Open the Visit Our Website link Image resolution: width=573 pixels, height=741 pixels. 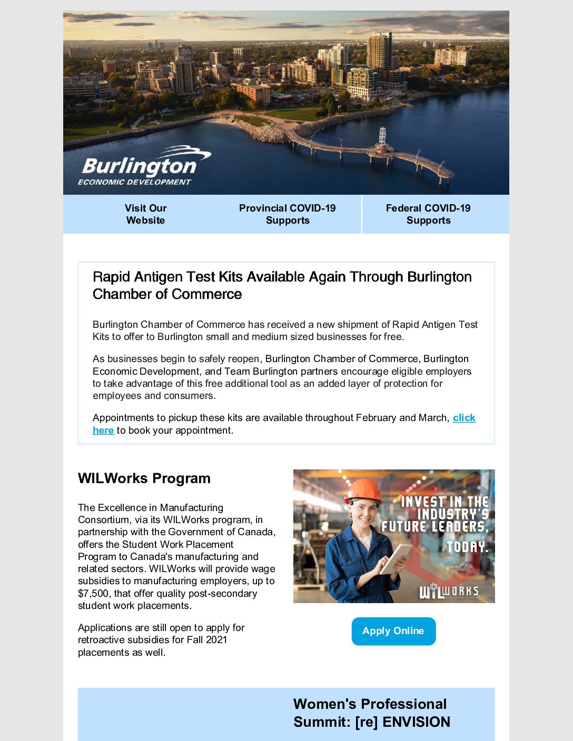click(x=145, y=214)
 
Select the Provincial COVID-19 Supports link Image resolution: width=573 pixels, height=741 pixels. click(x=287, y=214)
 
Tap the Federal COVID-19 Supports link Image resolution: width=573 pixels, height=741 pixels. click(x=428, y=214)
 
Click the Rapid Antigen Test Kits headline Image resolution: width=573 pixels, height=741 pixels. click(x=282, y=285)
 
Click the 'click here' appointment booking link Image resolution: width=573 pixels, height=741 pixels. click(x=464, y=418)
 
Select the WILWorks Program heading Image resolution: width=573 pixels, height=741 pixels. click(x=144, y=478)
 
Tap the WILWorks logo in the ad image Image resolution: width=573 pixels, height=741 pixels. click(x=449, y=591)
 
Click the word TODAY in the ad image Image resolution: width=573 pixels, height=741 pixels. click(x=468, y=547)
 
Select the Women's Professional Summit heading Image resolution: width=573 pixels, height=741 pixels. click(x=371, y=713)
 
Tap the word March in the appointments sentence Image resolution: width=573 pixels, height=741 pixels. click(x=433, y=418)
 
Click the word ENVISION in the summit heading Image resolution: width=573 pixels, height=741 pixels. click(x=416, y=722)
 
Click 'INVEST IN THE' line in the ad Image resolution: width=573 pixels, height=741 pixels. click(x=444, y=502)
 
